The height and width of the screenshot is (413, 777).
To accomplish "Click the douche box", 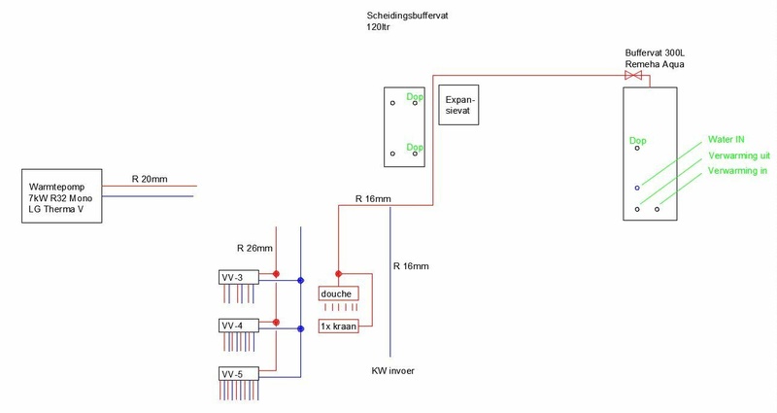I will pos(338,293).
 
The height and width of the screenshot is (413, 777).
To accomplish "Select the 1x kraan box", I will pos(338,327).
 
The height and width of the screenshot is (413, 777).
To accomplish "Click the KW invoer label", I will pos(394,370).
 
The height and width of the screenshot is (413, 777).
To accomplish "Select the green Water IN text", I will pos(733,138).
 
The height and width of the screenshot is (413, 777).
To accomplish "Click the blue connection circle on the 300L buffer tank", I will pos(637,187).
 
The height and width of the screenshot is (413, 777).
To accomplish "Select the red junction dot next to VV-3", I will pos(277,274).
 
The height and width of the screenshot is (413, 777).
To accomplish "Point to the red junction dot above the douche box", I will pos(337,273).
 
